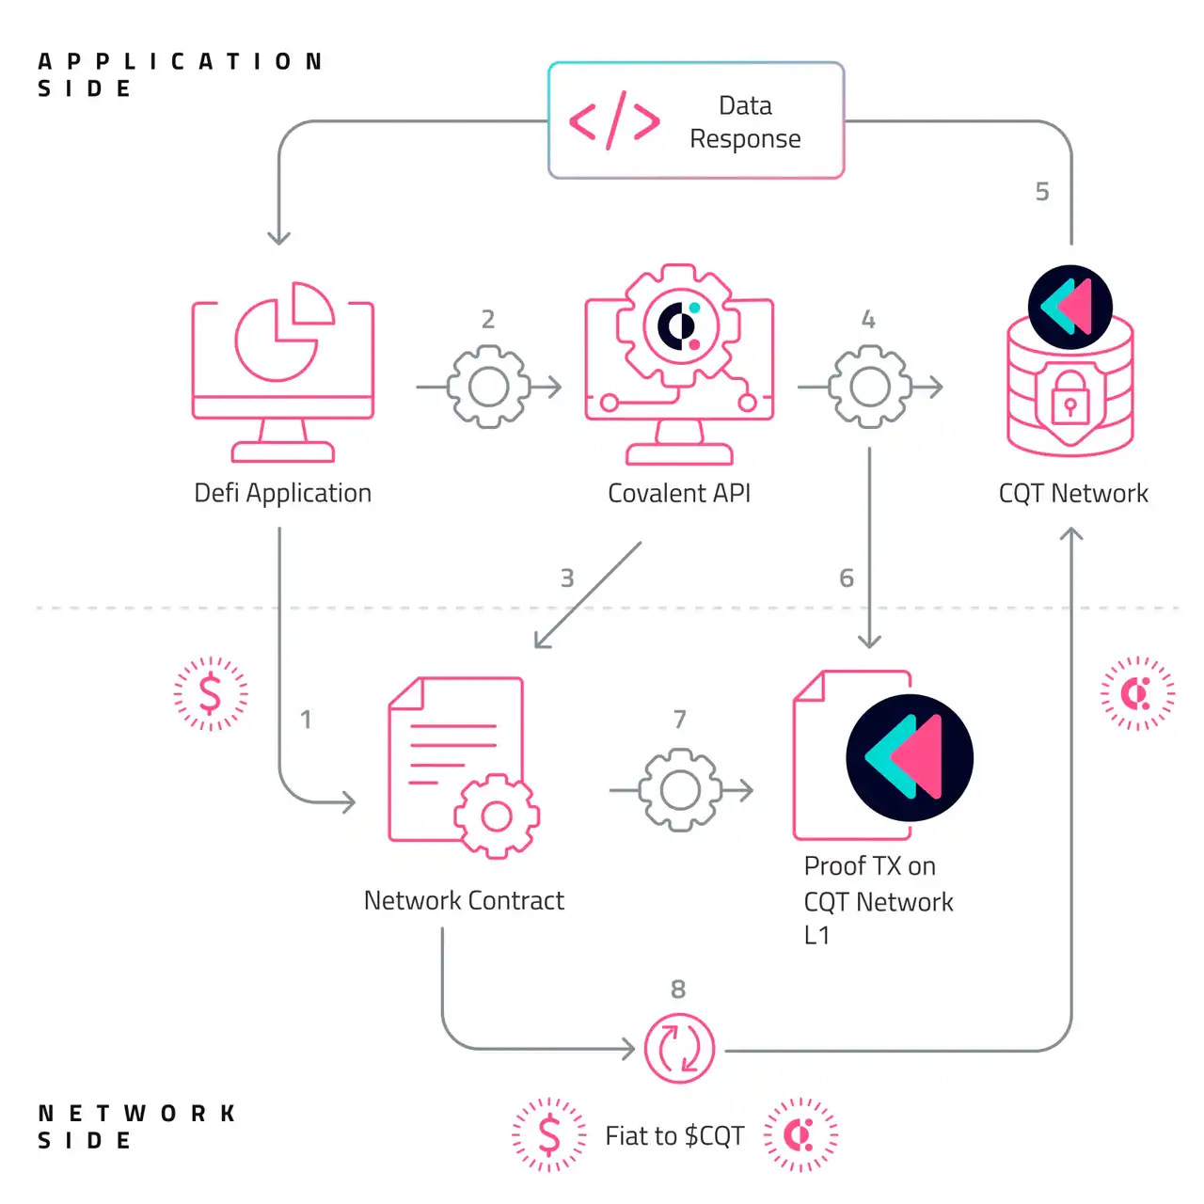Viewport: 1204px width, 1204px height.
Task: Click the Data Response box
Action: coord(696,120)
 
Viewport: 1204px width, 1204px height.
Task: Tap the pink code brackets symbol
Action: coord(614,121)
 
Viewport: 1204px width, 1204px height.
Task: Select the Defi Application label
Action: coord(282,493)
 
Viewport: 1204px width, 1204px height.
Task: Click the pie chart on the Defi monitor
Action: coord(282,333)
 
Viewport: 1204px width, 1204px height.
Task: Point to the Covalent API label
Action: coord(679,493)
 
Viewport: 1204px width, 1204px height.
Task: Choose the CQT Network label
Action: coord(1073,493)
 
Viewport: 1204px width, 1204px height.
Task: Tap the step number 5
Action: coord(1042,192)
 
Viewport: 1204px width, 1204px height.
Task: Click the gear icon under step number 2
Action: coord(488,387)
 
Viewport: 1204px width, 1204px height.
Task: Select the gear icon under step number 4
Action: coord(869,387)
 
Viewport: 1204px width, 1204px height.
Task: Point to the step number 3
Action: coord(567,578)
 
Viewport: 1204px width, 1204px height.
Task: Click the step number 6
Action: coord(847,578)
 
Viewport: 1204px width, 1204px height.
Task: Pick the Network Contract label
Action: coord(464,900)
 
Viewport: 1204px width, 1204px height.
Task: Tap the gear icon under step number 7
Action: coord(680,790)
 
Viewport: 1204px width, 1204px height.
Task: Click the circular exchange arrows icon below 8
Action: coord(679,1048)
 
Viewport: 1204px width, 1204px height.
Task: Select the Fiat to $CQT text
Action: coord(674,1136)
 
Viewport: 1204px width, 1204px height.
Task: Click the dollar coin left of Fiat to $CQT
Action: coord(549,1134)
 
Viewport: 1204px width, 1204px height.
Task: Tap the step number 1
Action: coord(306,720)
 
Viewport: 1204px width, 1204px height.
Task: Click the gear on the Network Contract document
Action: coord(497,816)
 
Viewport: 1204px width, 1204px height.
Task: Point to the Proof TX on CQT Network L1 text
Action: coord(878,900)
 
